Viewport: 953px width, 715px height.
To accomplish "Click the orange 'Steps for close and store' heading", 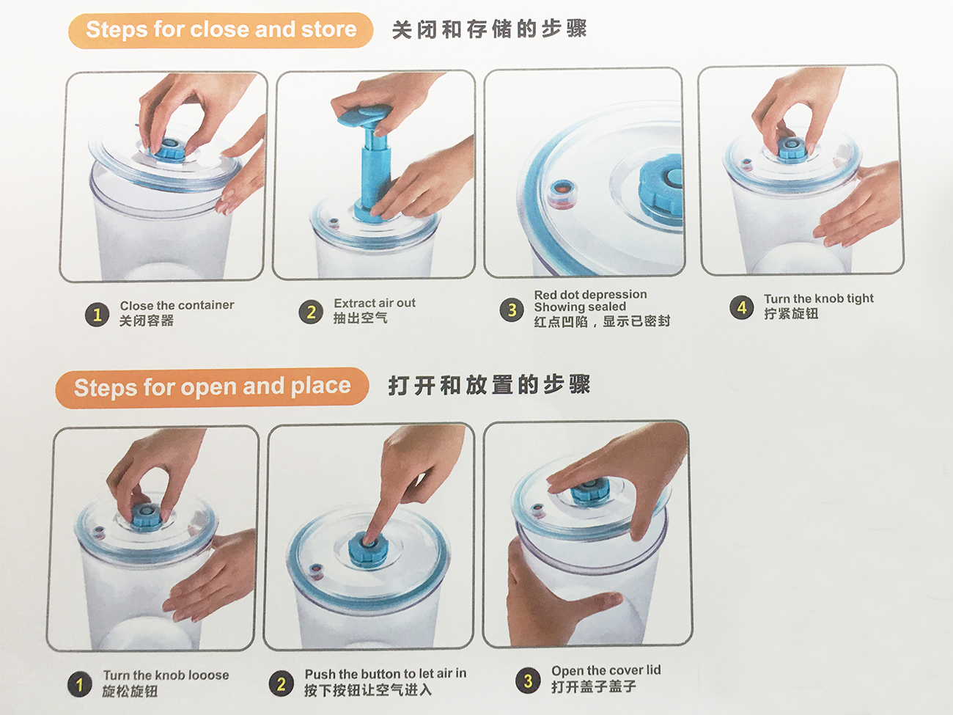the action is [x=221, y=30].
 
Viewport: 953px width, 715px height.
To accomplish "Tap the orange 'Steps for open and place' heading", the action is [x=212, y=387].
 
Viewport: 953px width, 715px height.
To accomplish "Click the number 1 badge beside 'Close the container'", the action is [x=97, y=315].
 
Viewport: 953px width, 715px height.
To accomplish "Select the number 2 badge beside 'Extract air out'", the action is [x=311, y=312].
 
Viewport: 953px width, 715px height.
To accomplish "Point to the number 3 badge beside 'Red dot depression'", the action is [x=512, y=309].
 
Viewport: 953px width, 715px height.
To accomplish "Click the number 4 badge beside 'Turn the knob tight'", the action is [x=742, y=307].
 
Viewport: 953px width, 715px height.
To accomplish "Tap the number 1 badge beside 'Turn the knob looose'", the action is [x=79, y=685].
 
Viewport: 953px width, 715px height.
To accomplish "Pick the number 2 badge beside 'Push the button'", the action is [x=281, y=683].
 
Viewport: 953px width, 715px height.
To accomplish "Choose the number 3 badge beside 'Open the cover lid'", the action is [x=528, y=681].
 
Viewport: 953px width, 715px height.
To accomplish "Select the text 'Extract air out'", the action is [x=375, y=303].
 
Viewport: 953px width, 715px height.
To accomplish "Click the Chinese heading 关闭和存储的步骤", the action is [x=489, y=29].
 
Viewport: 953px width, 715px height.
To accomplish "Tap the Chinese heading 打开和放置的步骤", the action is [x=489, y=385].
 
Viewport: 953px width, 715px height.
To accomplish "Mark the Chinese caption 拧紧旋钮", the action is [x=791, y=313].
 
